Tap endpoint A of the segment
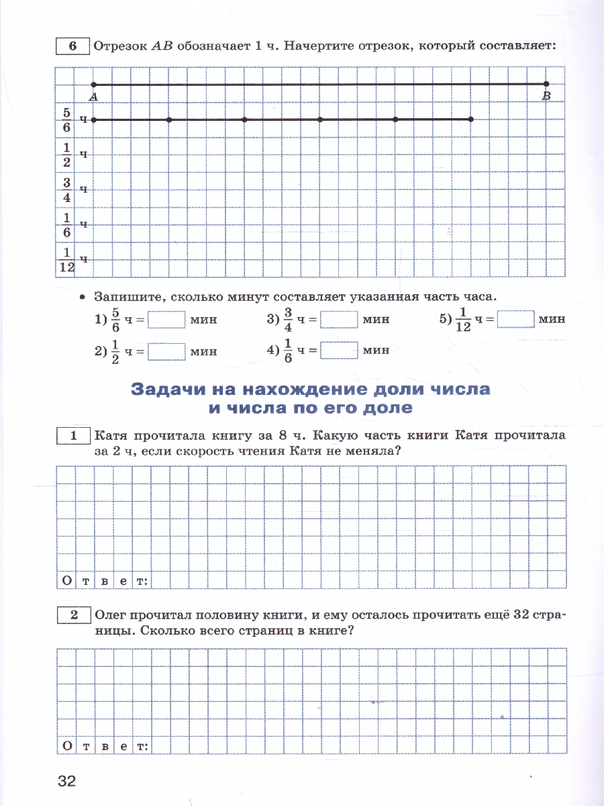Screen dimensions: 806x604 (94, 85)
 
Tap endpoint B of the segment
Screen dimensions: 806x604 (546, 85)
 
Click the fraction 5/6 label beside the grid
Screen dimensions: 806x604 (67, 120)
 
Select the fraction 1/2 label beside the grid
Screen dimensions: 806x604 (67, 154)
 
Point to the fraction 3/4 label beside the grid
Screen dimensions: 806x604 (67, 189)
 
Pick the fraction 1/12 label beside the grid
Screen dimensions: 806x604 (66, 259)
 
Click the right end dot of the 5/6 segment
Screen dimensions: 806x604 (471, 120)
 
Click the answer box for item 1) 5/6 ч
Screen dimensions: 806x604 (166, 319)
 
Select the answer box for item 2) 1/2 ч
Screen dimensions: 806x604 (166, 351)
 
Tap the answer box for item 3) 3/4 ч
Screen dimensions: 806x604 (339, 319)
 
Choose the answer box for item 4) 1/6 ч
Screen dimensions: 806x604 (339, 351)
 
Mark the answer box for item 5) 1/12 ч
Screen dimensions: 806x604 (515, 319)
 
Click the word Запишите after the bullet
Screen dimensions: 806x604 (128, 296)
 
